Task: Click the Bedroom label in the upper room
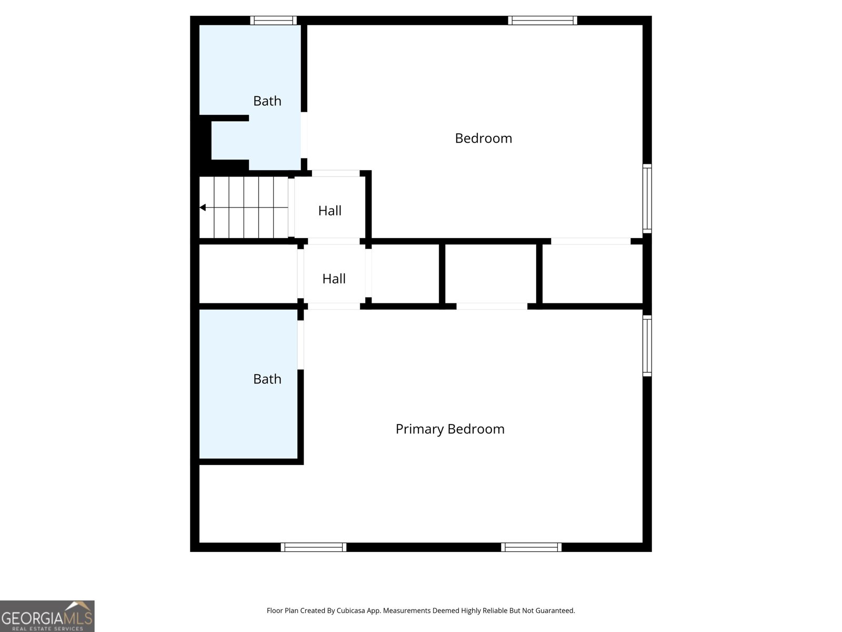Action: coord(483,138)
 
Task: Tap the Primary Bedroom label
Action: coord(450,429)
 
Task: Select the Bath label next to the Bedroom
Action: coord(267,101)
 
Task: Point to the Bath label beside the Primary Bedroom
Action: coord(267,379)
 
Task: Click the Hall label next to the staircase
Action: coord(329,211)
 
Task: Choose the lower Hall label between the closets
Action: coord(334,279)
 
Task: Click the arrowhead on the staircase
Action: coord(203,208)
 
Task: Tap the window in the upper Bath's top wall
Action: coord(273,21)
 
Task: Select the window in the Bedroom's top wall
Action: coord(542,21)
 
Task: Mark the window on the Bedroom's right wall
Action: coord(647,199)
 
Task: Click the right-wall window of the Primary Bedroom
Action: coord(647,345)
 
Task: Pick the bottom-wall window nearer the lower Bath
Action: coord(313,547)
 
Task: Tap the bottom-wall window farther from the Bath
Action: coord(531,547)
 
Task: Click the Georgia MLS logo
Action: coord(47,616)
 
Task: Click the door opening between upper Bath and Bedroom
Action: coord(304,135)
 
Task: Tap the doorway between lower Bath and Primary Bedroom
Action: coord(300,344)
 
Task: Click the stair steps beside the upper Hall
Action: coord(244,208)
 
